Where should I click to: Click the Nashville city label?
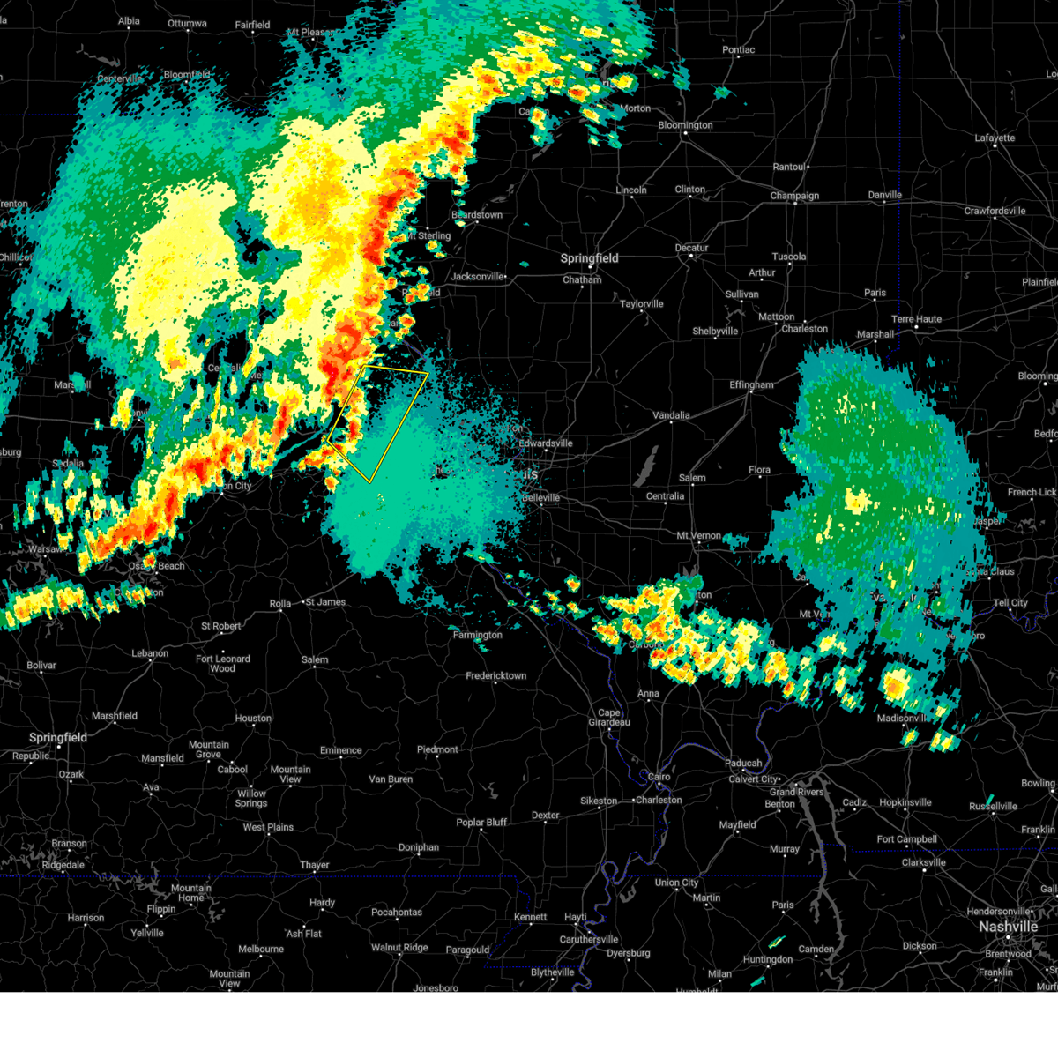[1008, 927]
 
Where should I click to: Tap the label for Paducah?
[743, 764]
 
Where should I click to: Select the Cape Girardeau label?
[609, 718]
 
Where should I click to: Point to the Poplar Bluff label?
[481, 823]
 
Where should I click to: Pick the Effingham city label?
[751, 385]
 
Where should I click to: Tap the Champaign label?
[794, 196]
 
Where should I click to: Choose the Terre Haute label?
[916, 319]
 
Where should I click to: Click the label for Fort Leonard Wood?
[223, 663]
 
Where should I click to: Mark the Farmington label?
[477, 635]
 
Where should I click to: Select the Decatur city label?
[692, 248]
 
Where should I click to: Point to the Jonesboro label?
[436, 988]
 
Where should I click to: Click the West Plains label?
[268, 827]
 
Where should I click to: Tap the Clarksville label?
[923, 862]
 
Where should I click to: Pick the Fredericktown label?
[496, 676]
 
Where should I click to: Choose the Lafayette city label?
[995, 138]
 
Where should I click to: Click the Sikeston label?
[599, 801]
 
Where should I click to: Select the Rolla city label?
[280, 604]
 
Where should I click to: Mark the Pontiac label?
[739, 50]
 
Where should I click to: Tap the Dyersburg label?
[629, 953]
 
